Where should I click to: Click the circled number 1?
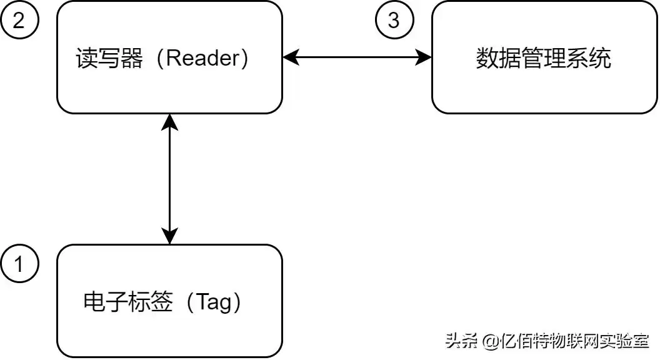(19, 264)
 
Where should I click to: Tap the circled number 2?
(19, 20)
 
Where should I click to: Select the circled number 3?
(393, 20)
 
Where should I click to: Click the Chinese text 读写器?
(109, 58)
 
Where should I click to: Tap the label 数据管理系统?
(544, 58)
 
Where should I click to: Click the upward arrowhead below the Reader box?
(169, 122)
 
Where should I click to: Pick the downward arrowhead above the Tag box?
(169, 236)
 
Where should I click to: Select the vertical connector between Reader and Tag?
(169, 179)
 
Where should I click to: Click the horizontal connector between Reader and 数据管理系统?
(357, 57)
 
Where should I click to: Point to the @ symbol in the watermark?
(491, 341)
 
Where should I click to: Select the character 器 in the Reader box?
(132, 58)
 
